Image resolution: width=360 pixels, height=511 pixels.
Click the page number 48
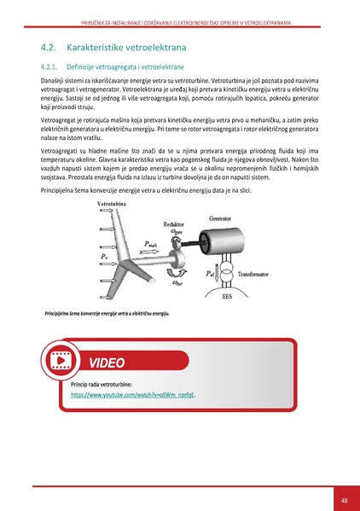(x=343, y=500)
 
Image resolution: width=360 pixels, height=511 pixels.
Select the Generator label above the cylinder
(x=224, y=218)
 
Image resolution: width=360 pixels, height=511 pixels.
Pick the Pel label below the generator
(x=212, y=273)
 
